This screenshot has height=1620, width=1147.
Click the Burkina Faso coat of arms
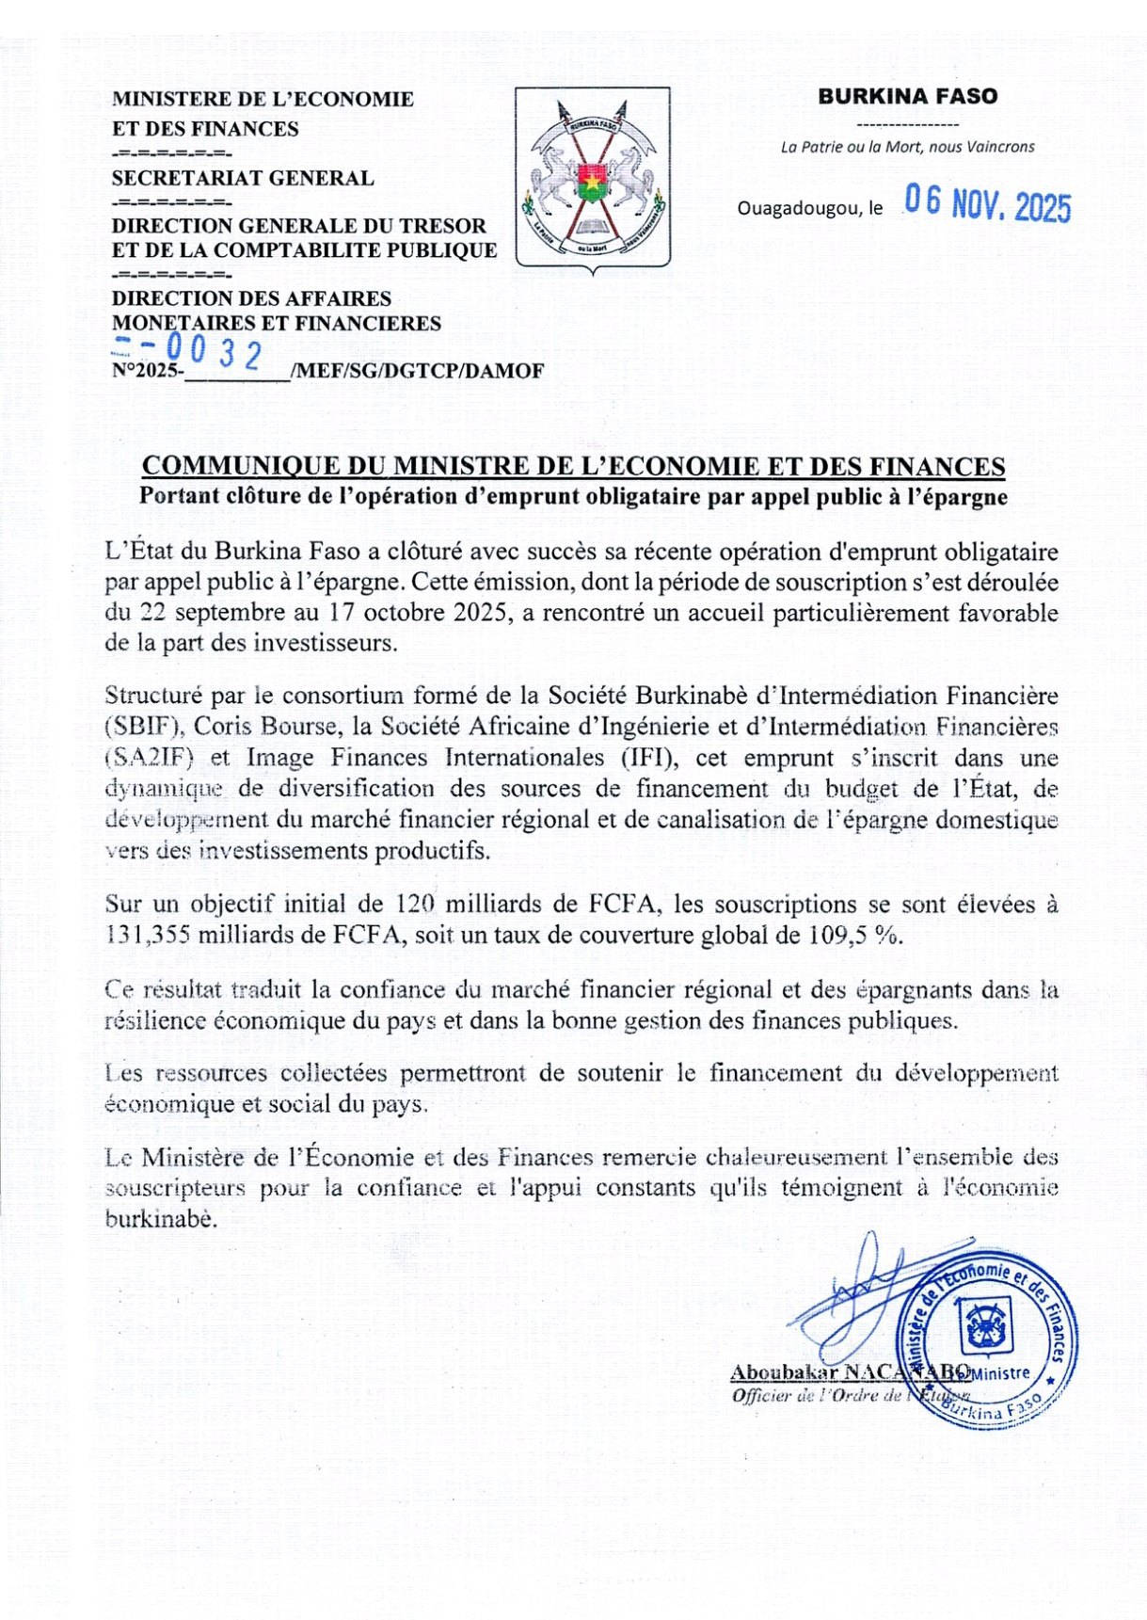(593, 179)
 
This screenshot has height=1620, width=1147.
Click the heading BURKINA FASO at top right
(907, 96)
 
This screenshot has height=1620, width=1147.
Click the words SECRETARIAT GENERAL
(243, 178)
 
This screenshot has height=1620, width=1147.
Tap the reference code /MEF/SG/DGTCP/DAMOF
(418, 371)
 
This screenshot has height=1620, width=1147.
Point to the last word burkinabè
(160, 1218)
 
